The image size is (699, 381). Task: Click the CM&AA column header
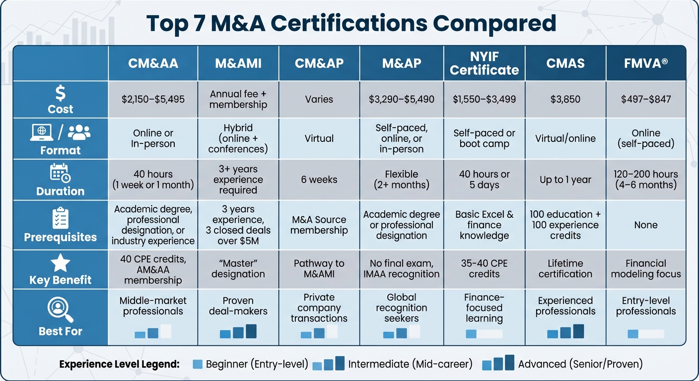click(x=153, y=63)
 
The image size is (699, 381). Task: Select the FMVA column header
click(x=645, y=63)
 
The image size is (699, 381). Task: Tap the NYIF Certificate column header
click(x=484, y=63)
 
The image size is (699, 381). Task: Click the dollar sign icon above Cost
click(x=61, y=93)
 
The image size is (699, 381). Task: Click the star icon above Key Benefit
click(x=61, y=263)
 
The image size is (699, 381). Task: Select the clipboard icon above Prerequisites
click(x=61, y=218)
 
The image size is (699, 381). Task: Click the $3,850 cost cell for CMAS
click(x=565, y=99)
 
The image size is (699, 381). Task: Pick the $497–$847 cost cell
click(x=645, y=99)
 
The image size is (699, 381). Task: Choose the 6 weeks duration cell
click(x=319, y=180)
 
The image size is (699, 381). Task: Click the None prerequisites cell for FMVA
click(x=645, y=225)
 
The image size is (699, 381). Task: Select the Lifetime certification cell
click(x=565, y=268)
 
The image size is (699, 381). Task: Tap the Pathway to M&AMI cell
click(x=319, y=268)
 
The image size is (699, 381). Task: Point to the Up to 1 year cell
click(x=565, y=180)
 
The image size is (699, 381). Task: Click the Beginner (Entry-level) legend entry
click(x=250, y=364)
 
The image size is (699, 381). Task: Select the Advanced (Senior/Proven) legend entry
click(x=562, y=364)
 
